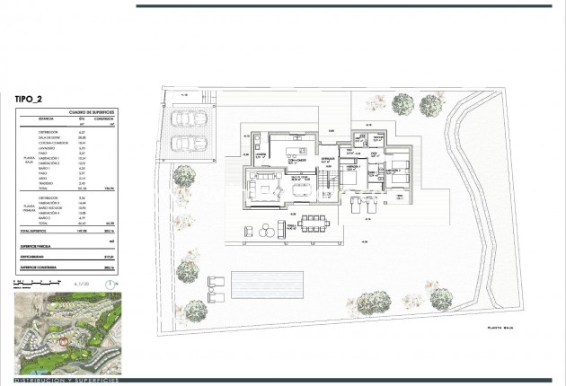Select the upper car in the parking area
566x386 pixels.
[186, 118]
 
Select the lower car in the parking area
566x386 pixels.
[186, 142]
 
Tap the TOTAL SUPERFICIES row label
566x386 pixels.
[39, 232]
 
